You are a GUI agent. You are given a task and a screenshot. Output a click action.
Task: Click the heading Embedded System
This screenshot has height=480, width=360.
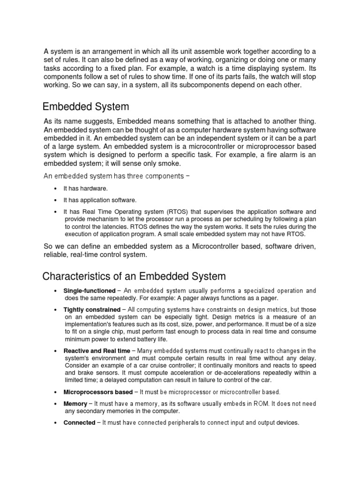[85, 106]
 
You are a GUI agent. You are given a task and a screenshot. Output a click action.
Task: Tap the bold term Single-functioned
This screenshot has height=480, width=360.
[89, 291]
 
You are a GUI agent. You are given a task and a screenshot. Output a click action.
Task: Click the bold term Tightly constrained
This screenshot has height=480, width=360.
[91, 309]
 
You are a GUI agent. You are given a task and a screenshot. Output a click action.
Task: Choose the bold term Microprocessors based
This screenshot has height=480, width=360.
[98, 392]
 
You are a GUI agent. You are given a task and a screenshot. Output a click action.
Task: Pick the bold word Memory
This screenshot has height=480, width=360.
[75, 404]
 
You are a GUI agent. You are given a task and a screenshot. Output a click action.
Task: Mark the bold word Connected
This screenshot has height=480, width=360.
[79, 423]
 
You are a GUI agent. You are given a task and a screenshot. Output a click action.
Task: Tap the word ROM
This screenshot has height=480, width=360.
[262, 404]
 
